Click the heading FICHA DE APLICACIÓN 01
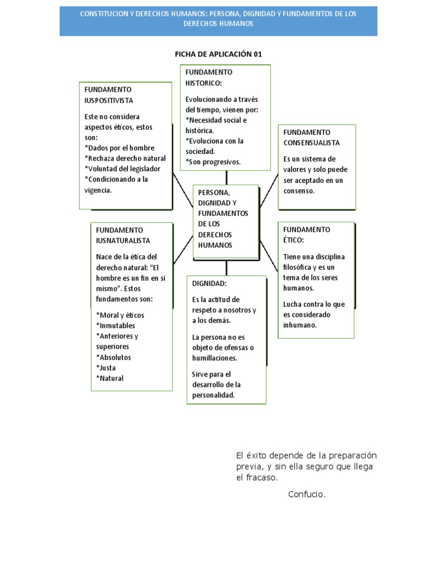tap(218, 54)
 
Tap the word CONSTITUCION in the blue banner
tap(106, 13)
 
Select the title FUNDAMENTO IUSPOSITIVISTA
tap(109, 95)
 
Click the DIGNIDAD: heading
tap(209, 284)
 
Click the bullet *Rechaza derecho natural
tap(125, 158)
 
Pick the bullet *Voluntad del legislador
tap(122, 168)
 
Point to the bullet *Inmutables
tap(116, 325)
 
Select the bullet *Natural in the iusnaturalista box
tap(110, 378)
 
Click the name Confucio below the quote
tap(307, 494)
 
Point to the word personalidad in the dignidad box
tap(213, 395)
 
